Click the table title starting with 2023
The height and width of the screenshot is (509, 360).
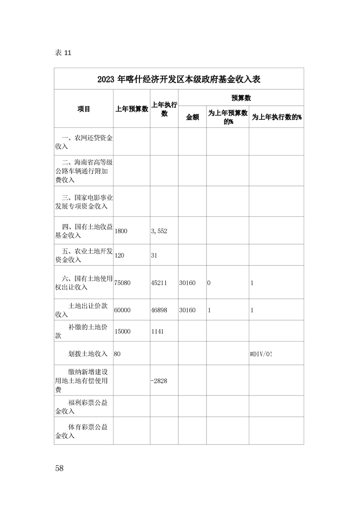coord(178,79)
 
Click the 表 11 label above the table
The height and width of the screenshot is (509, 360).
coord(63,52)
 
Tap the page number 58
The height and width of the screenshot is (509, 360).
coord(59,468)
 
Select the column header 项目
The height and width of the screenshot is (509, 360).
coord(84,109)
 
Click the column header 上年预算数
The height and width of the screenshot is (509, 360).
coord(132,109)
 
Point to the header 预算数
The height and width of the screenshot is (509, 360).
coord(241,98)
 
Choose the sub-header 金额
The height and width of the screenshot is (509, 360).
coord(192,117)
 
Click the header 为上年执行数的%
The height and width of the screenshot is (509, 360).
coord(276,117)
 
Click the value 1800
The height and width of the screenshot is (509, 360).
coord(121,230)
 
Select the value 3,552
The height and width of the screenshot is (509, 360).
coord(159,230)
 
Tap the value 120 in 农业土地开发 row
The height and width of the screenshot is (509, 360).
coord(119,255)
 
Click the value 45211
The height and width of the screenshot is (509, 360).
coord(159,283)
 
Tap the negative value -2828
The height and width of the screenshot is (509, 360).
coord(159,381)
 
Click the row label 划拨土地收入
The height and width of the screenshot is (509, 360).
coord(88,353)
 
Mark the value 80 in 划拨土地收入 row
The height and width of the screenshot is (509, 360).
coord(118,353)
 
